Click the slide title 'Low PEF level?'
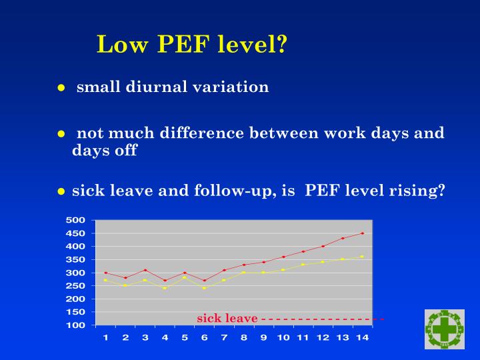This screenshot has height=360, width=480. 192,44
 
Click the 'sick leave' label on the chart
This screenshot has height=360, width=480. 227,319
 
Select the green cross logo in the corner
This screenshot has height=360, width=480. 445,329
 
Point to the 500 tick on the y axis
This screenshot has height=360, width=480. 76,220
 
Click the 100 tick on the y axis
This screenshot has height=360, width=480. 76,325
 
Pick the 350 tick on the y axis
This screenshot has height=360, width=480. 76,259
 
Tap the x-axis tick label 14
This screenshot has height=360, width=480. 362,337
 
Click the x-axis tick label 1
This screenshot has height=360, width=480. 105,337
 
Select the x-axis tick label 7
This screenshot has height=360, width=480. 224,337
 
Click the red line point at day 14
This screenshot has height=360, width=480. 362,233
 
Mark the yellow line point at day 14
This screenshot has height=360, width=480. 362,257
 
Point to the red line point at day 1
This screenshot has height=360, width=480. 105,273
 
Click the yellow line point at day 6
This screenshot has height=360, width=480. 204,288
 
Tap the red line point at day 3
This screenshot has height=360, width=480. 145,270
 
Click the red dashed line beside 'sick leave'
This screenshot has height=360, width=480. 320,319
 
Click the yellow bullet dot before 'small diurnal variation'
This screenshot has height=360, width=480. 61,88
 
